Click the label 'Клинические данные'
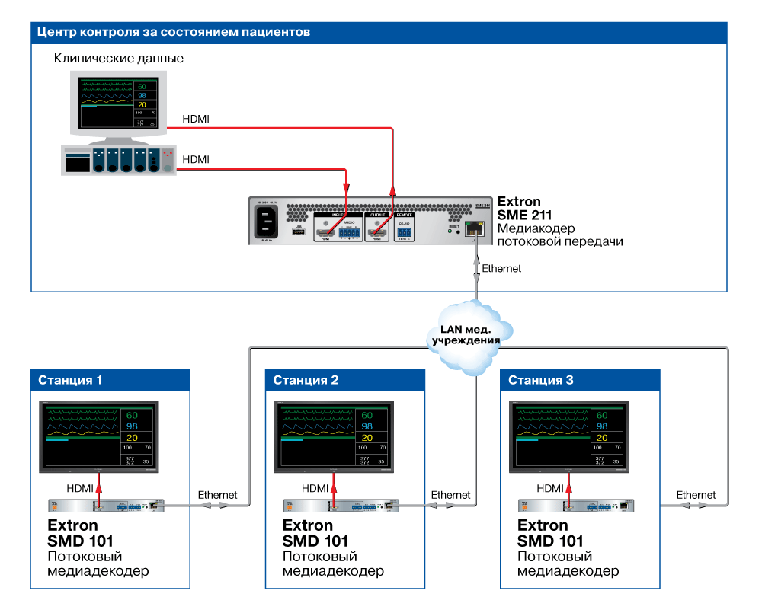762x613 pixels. coord(119,59)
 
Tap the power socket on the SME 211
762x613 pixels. coord(265,222)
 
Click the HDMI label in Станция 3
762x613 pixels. coord(549,488)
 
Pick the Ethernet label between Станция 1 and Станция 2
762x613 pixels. coord(218,495)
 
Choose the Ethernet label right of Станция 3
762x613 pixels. coord(696,495)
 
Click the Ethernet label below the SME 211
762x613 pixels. coord(501,269)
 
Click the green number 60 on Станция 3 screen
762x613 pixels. coord(601,415)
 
